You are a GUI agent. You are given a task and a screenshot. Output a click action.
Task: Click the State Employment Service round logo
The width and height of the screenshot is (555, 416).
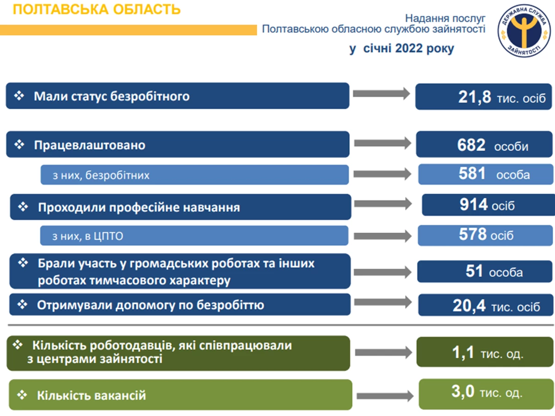524,31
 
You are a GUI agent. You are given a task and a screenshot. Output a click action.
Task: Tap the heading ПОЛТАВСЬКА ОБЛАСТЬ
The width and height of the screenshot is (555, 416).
97,10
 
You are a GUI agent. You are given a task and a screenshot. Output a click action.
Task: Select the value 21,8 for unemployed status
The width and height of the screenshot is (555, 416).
475,97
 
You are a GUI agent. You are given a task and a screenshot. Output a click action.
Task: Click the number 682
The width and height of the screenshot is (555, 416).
471,145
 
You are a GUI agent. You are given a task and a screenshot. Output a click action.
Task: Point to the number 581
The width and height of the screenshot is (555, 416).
472,173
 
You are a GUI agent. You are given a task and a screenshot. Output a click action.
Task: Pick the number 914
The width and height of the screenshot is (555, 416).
473,204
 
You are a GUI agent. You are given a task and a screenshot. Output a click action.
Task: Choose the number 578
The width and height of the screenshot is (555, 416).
472,234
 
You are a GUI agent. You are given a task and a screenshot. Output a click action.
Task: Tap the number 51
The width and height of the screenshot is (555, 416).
474,271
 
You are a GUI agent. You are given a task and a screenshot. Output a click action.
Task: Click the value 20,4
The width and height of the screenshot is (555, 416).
469,306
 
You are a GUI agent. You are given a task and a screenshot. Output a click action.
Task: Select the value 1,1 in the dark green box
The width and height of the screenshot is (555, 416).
462,352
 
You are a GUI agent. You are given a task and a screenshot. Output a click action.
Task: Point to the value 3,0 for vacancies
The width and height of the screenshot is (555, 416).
462,391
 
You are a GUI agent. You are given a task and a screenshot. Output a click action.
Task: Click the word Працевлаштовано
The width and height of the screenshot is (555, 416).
90,145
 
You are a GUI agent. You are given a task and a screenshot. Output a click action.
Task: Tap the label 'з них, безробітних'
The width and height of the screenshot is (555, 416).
101,175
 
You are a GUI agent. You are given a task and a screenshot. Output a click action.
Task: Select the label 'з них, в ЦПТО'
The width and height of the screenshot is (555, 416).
87,236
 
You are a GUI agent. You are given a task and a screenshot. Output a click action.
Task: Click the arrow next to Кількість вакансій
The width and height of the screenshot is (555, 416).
385,396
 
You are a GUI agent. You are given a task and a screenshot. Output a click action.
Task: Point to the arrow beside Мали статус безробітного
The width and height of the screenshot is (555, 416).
382,94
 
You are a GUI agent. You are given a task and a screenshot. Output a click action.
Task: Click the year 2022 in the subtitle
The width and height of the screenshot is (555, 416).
409,48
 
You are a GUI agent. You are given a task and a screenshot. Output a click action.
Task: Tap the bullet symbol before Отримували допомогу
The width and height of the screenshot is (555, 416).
22,304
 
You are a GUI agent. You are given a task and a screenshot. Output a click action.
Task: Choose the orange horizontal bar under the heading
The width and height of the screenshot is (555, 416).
129,30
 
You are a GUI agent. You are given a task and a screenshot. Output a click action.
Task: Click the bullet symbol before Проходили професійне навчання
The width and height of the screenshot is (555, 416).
23,207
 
